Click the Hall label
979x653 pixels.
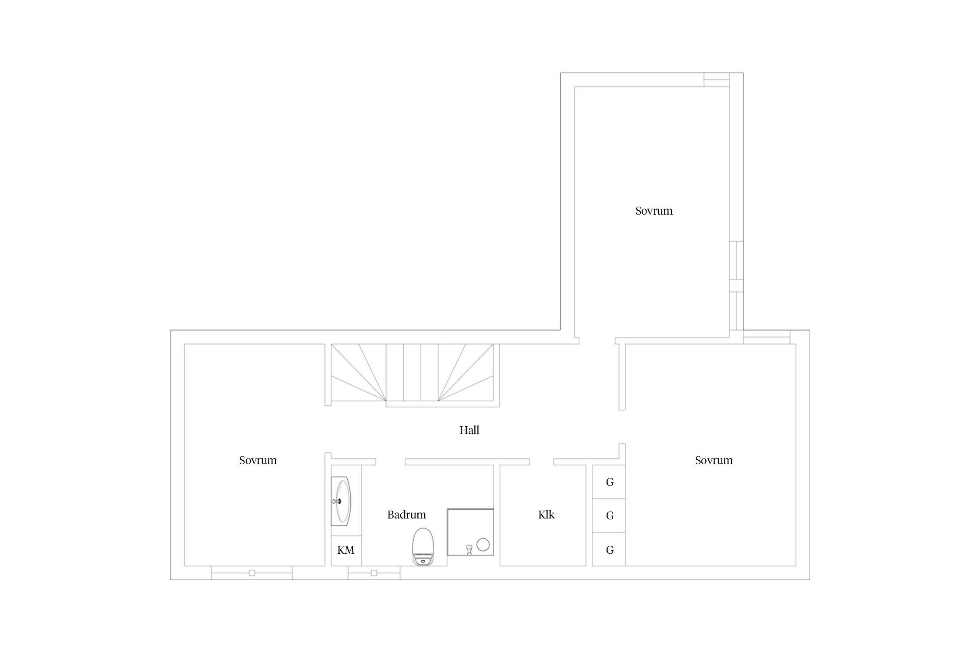tap(469, 430)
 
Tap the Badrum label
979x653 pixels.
tap(406, 515)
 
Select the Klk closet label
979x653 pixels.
tap(546, 515)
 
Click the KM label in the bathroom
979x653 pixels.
tap(346, 550)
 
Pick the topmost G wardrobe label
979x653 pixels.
tap(610, 482)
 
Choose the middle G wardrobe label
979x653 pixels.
tap(610, 515)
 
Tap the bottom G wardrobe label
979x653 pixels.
tap(610, 550)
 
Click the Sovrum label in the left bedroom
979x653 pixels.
tap(258, 460)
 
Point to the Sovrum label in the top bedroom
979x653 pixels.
tap(654, 211)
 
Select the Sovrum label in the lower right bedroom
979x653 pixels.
tap(714, 460)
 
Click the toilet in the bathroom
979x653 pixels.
tap(422, 547)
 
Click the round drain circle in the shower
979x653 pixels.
tap(483, 545)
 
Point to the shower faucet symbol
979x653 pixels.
tap(469, 549)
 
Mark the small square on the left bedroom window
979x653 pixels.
tap(252, 573)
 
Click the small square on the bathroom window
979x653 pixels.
tap(374, 573)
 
